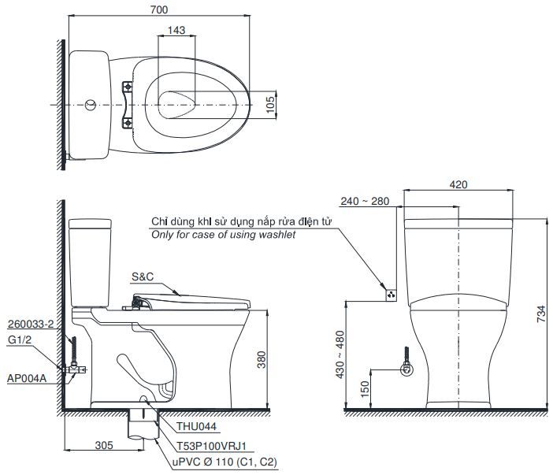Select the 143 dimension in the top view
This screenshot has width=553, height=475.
[x=177, y=30]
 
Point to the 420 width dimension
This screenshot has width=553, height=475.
[x=458, y=184]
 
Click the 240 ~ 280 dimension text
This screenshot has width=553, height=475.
[x=366, y=201]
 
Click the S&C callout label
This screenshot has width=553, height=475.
[x=143, y=278]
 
